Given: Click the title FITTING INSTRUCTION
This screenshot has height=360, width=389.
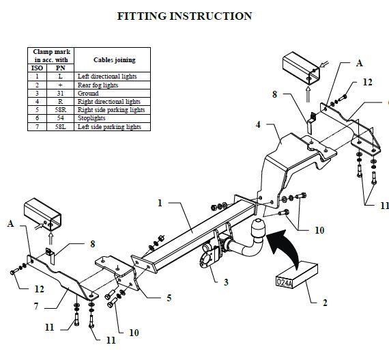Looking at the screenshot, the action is [x=184, y=16].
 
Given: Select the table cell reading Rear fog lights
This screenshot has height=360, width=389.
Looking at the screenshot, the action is [x=112, y=85].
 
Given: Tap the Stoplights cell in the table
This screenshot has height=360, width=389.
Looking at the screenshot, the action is [x=112, y=118].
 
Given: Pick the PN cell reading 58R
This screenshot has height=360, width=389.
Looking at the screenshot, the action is [x=60, y=110].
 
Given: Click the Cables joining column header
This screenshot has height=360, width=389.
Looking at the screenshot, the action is [x=112, y=60].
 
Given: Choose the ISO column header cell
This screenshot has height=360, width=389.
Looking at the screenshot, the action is [x=38, y=68].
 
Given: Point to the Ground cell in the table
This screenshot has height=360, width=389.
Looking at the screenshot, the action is [x=112, y=94].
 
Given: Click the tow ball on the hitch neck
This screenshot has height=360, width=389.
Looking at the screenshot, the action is [x=258, y=227].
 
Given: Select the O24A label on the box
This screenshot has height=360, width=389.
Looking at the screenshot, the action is [x=285, y=283].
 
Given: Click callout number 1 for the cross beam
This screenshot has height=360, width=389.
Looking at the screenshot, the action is [x=160, y=203].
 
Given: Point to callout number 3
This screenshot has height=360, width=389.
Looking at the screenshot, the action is [x=226, y=282].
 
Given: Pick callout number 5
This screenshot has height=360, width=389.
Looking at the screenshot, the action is [x=169, y=298].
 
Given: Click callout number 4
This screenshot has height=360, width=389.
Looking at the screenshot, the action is [x=258, y=124].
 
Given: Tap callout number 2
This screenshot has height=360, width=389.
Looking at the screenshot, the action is [x=325, y=303].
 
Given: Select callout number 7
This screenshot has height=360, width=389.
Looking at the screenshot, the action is [x=36, y=306].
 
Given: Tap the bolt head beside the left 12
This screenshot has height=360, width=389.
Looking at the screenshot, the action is [x=12, y=273].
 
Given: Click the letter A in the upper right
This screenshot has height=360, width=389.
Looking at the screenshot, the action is [x=359, y=64].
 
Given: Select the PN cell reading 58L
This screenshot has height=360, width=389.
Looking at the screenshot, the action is [x=60, y=127].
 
